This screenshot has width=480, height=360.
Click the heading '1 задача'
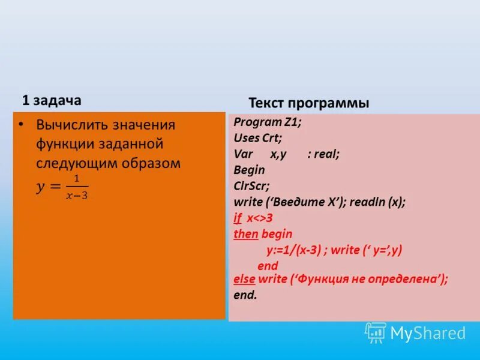coord(52,100)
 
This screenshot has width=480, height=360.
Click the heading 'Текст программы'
coord(308,103)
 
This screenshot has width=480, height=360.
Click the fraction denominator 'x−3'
coord(76,196)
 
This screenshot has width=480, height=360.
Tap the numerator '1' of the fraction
coord(76,179)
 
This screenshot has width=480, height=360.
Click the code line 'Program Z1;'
coord(267,121)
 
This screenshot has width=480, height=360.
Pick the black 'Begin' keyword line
coord(249,170)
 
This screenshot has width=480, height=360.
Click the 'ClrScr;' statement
coord(251,185)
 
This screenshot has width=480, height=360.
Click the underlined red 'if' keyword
coord(238,218)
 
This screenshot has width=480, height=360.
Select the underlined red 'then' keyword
coord(245,234)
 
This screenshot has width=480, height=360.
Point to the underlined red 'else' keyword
coord(244,279)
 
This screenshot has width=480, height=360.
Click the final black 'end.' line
coord(245,295)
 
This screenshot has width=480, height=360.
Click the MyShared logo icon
coord(376,332)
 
